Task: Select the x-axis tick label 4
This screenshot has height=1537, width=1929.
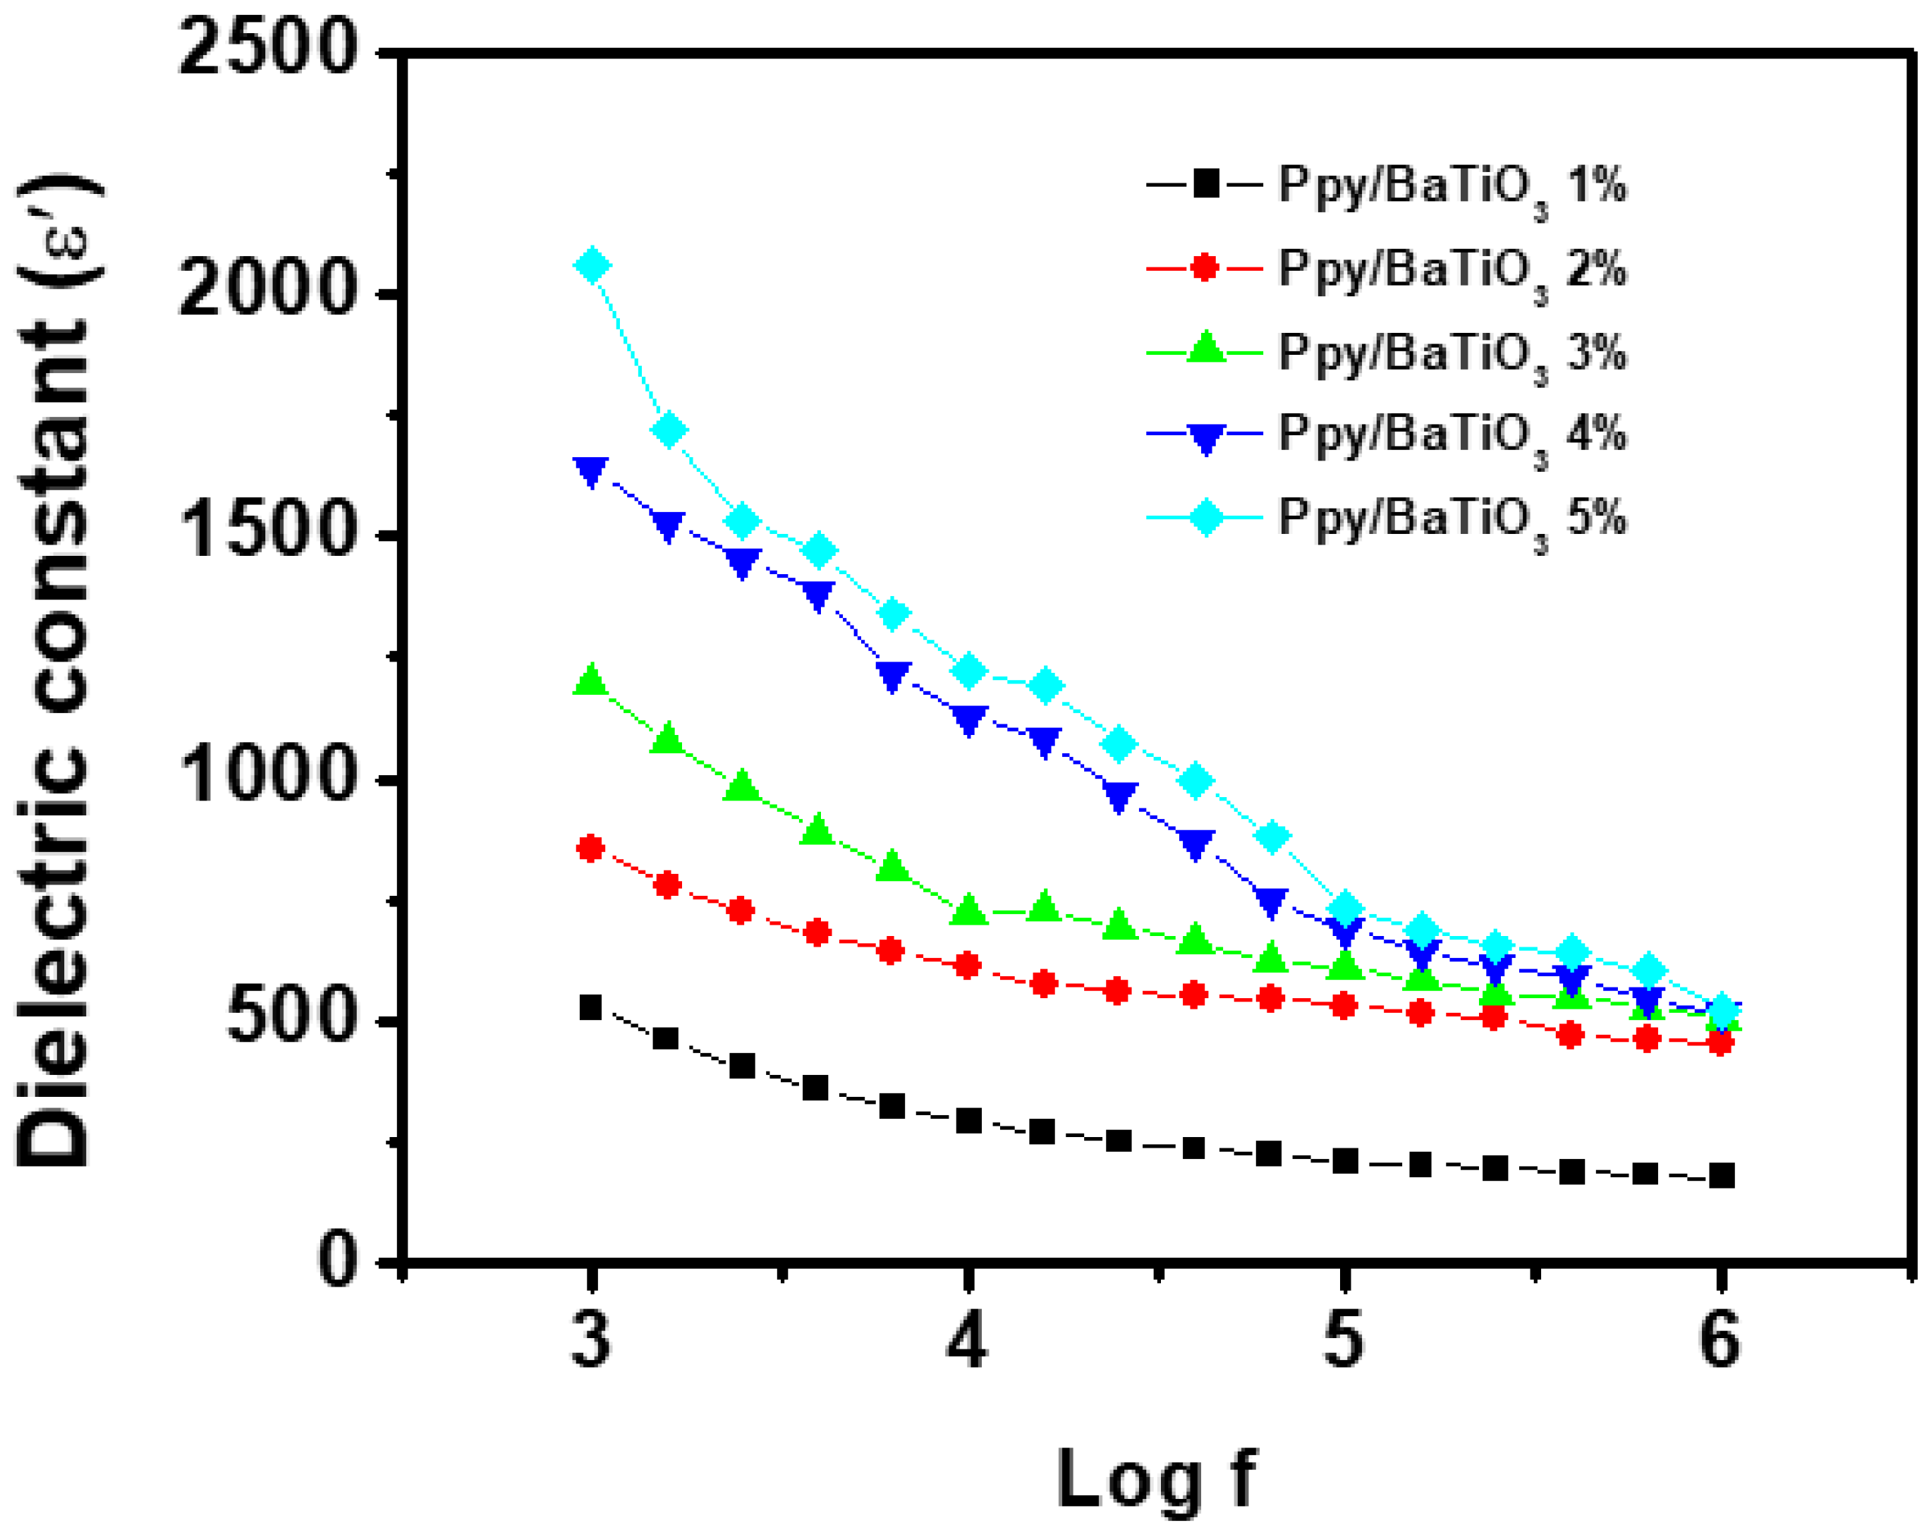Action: (x=967, y=1340)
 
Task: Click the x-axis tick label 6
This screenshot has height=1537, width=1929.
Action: (x=1720, y=1340)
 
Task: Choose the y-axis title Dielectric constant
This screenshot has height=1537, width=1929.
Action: (x=56, y=671)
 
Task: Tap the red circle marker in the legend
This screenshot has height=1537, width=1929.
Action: (x=1205, y=267)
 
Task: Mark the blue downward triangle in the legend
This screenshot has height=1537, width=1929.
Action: (x=1205, y=437)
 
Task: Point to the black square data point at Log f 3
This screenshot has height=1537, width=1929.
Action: (x=590, y=1007)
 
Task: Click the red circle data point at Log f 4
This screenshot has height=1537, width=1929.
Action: (x=967, y=966)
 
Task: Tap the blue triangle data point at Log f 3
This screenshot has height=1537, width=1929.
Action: (x=590, y=470)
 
